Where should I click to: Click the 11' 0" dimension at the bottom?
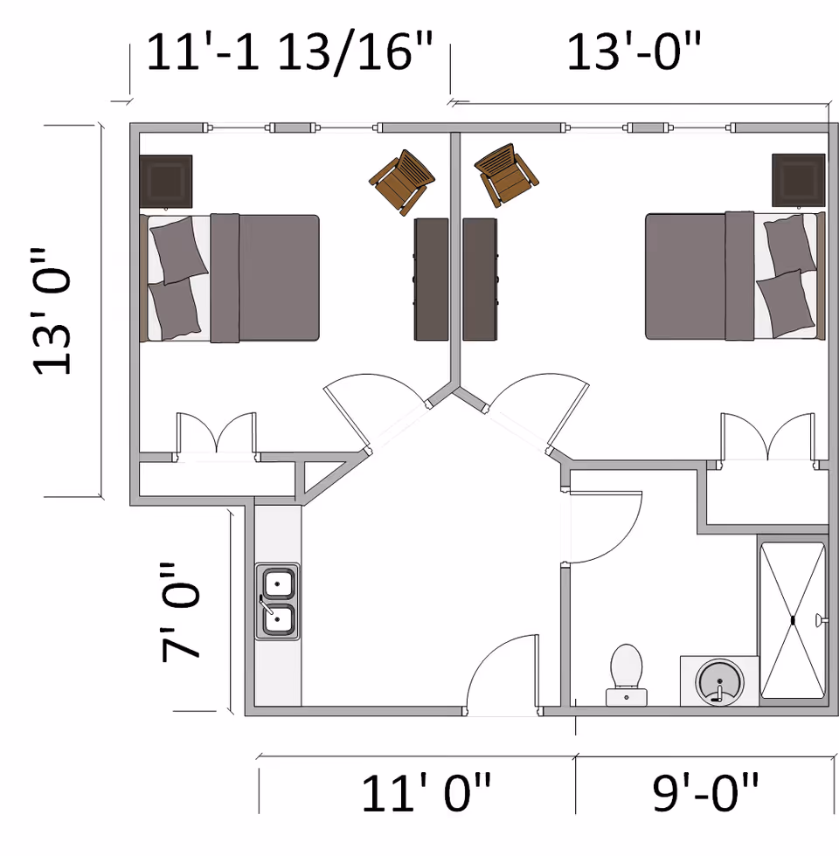426,793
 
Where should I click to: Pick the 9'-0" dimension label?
706,793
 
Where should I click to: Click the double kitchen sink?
277,601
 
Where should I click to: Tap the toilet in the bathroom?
627,673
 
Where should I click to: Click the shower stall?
792,620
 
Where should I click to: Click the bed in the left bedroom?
230,278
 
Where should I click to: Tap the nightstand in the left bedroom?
165,181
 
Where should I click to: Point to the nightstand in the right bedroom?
798,179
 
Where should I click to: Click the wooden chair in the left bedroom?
402,182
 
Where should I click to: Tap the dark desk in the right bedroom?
480,279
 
